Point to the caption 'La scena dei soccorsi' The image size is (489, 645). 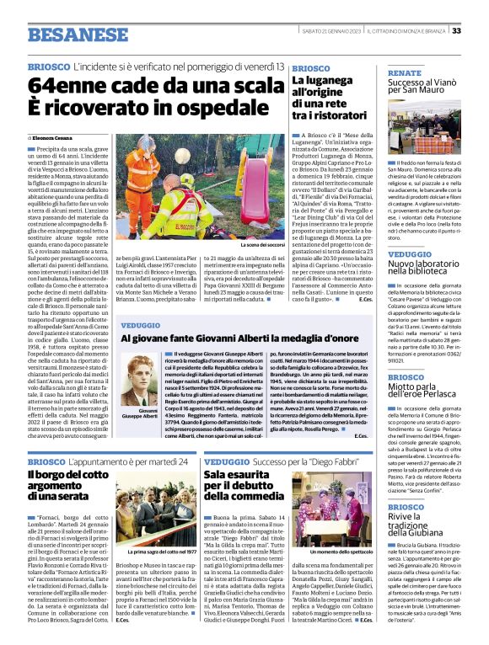261,244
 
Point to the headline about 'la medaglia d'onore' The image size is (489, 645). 239,338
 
